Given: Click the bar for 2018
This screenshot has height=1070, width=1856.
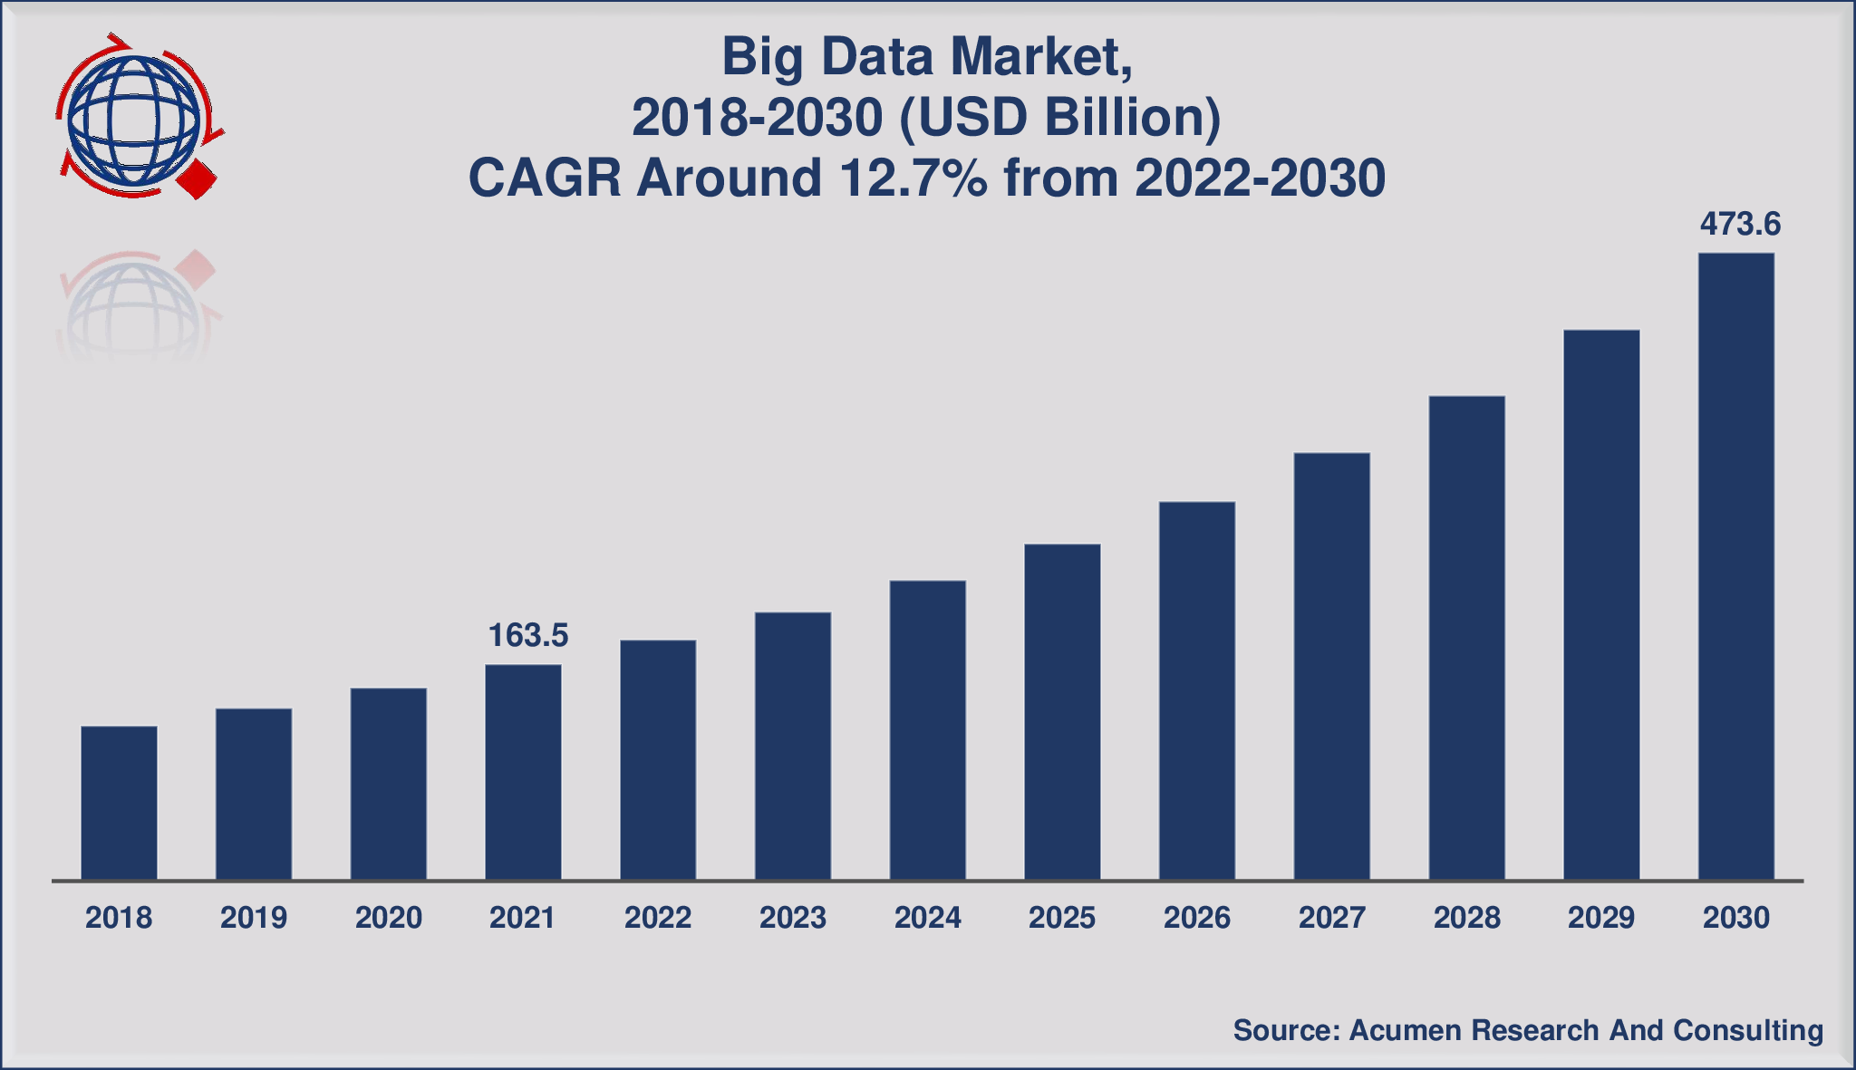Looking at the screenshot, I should click(x=119, y=803).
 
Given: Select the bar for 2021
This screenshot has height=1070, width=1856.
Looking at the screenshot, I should click(x=523, y=772).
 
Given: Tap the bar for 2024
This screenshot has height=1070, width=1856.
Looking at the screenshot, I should click(x=928, y=730).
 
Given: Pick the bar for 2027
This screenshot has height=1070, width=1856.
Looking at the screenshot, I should click(x=1331, y=666).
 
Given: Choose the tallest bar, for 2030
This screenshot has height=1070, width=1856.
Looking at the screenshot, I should click(x=1735, y=566).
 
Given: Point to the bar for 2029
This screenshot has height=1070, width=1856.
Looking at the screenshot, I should click(x=1601, y=605).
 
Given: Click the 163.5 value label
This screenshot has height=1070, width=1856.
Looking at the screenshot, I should click(x=528, y=635).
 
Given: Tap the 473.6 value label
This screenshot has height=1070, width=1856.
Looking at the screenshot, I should click(x=1740, y=224).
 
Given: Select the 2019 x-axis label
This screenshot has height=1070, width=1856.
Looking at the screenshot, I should click(x=254, y=918).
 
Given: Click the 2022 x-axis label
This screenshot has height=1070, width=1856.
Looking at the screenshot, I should click(x=658, y=918).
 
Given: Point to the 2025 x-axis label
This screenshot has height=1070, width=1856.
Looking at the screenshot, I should click(x=1062, y=918).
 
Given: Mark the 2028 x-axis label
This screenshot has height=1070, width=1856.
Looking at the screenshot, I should click(x=1466, y=918).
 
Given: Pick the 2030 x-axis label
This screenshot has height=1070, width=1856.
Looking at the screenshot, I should click(x=1735, y=918).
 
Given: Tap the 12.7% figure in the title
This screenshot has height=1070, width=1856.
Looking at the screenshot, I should click(x=913, y=178).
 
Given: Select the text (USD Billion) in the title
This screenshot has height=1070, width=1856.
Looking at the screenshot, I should click(x=1059, y=118).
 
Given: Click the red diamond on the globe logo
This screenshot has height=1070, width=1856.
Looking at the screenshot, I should click(x=198, y=179).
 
